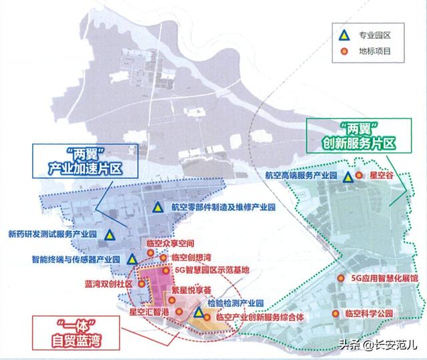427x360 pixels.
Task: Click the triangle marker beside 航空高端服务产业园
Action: [348, 178]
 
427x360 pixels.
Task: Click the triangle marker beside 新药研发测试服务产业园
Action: [108, 234]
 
